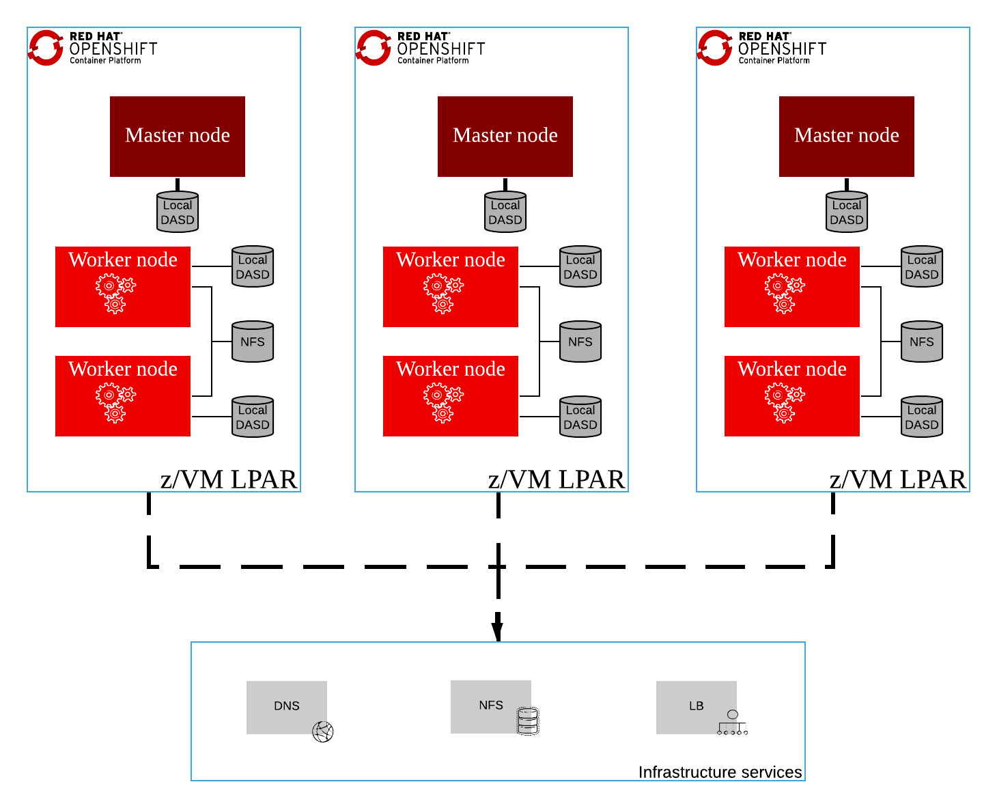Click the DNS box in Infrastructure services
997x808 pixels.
pos(286,707)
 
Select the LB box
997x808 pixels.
pos(696,707)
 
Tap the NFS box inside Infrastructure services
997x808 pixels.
pos(490,706)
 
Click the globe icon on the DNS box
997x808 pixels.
pos(323,732)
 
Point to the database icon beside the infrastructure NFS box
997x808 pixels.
pos(528,721)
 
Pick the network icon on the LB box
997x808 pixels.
pos(733,723)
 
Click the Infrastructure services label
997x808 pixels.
pos(720,772)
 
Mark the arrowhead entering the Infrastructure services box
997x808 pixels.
pos(498,630)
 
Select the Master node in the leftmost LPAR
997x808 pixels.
pos(178,137)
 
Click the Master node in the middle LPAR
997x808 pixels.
pos(505,137)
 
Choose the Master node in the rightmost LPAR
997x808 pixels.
pos(847,137)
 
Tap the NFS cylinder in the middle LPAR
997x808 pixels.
pos(580,342)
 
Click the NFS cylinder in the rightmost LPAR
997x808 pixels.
pos(922,342)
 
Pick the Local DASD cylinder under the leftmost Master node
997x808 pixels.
pos(178,212)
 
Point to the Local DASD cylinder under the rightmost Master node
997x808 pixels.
pos(847,212)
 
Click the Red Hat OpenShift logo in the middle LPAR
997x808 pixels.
pos(421,48)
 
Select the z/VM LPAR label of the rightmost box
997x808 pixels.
pos(898,479)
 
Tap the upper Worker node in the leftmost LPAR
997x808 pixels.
pos(123,287)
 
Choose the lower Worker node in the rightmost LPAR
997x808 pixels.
pos(792,396)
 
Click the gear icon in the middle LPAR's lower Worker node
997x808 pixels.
pos(443,403)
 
